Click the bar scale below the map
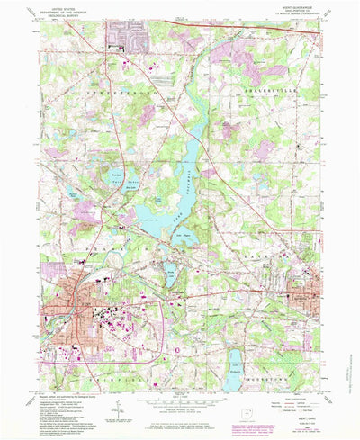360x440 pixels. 180,393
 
